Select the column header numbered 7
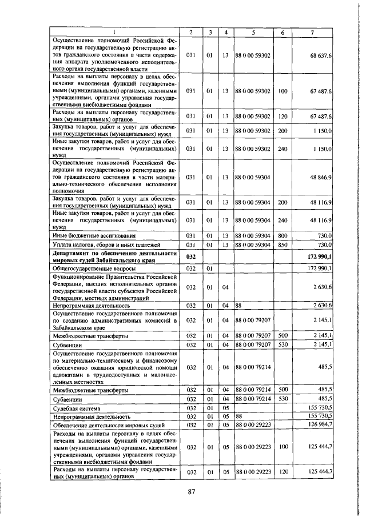[x=312, y=32]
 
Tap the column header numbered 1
[x=114, y=32]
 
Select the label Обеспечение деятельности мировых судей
[x=109, y=425]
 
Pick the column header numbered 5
[x=252, y=32]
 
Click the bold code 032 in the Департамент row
[x=191, y=257]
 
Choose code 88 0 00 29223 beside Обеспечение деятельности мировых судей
[x=252, y=425]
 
